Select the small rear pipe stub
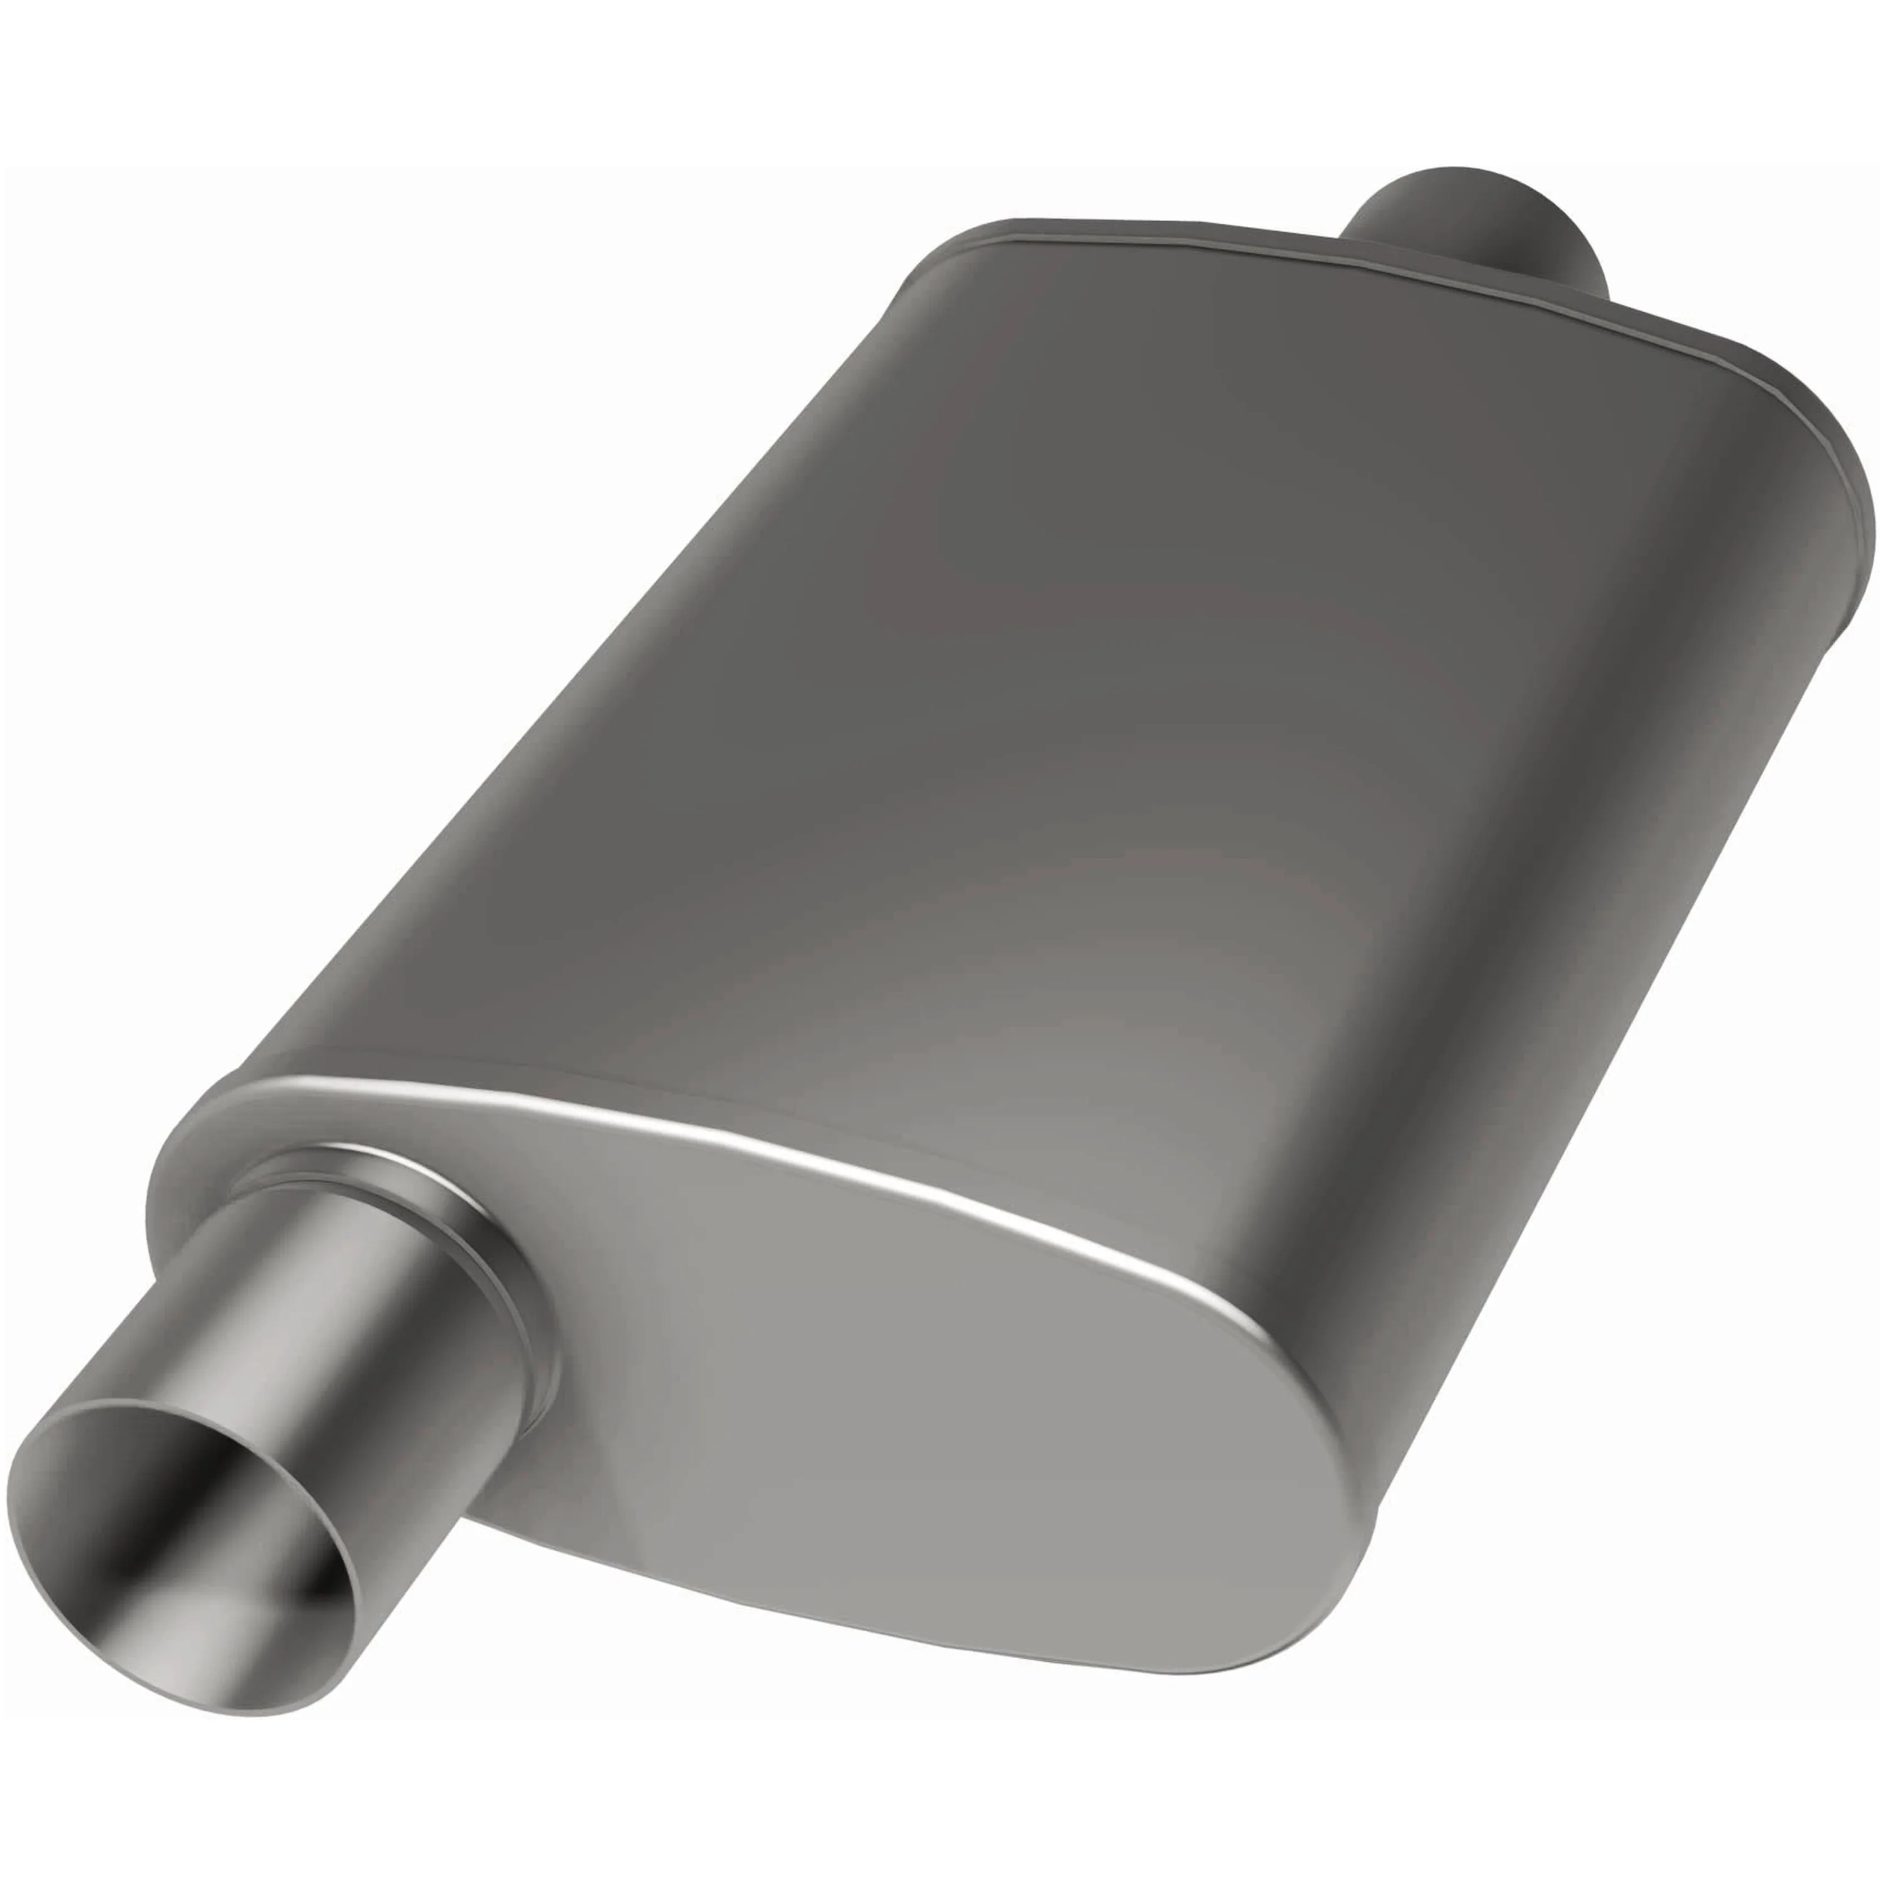click(1473, 229)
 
